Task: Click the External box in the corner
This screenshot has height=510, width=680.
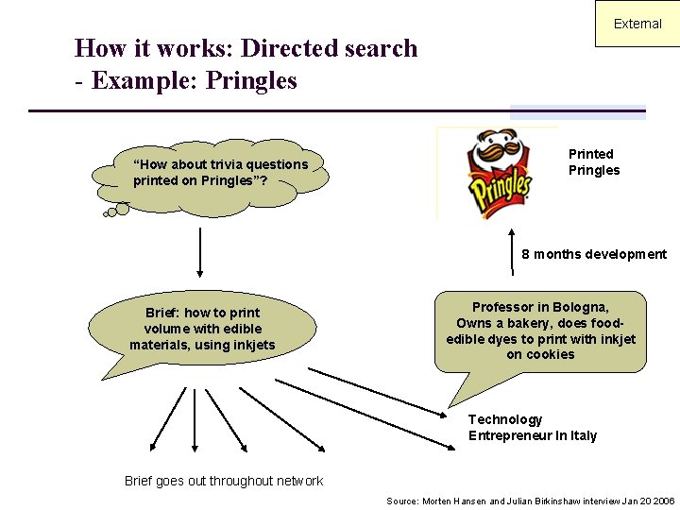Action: (637, 24)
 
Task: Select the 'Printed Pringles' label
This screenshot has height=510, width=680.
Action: (594, 161)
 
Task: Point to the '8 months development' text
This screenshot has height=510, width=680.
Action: (594, 254)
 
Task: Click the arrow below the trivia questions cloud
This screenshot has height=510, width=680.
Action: (200, 249)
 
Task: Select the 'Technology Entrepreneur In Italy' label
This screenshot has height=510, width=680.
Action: (533, 427)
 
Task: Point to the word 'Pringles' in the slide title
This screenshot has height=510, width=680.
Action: (255, 81)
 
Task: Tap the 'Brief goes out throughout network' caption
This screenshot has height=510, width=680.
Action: (224, 481)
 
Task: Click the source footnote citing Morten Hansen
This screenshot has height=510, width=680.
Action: (530, 501)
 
